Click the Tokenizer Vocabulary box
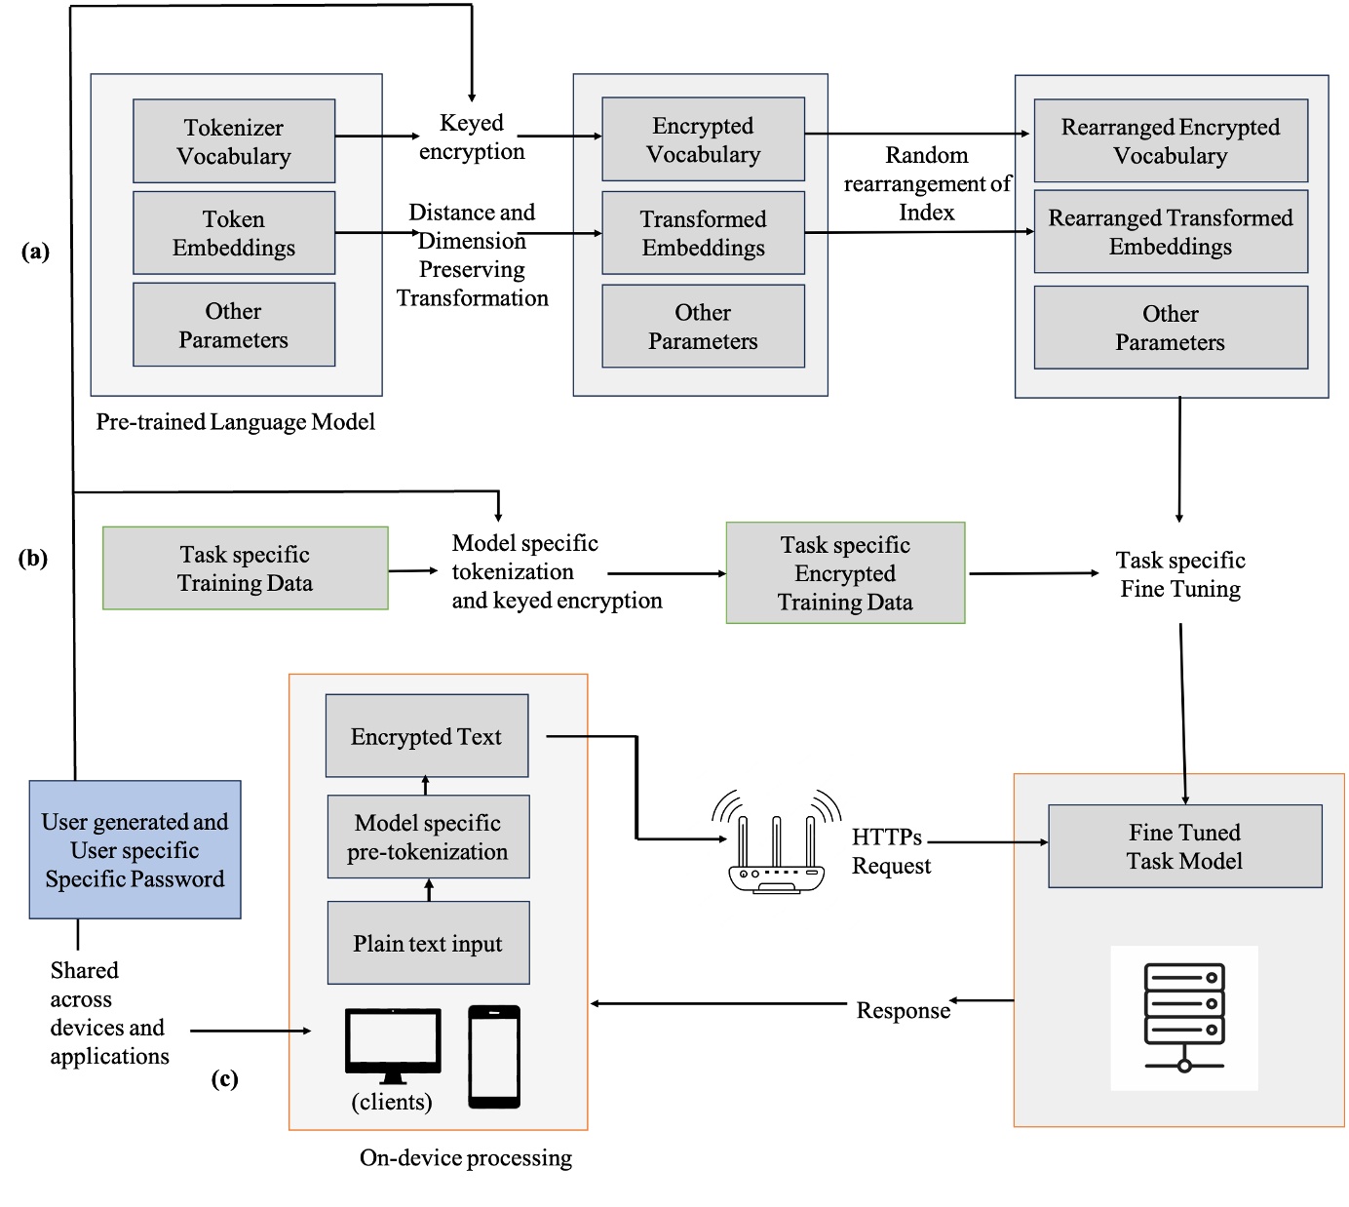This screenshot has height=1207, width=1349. click(234, 141)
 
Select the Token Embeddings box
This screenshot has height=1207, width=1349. click(234, 233)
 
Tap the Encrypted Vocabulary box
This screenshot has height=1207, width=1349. click(703, 139)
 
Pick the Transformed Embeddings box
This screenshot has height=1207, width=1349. click(703, 233)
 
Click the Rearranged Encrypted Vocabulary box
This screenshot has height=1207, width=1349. click(1170, 140)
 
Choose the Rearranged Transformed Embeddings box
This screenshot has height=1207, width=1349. click(1170, 232)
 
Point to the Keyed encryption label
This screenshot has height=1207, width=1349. click(472, 137)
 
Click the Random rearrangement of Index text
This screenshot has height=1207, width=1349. click(926, 183)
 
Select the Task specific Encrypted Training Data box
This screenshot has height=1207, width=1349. click(845, 573)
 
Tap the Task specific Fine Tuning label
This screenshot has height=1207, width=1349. click(1179, 574)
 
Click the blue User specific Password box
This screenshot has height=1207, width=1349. click(135, 849)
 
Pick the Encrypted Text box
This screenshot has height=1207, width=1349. click(427, 736)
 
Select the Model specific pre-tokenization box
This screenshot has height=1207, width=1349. click(428, 837)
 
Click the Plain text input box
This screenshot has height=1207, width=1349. click(428, 943)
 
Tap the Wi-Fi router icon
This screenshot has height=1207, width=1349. click(776, 844)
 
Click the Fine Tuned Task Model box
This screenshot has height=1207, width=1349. click(1184, 846)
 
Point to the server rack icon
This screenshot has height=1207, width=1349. click(1184, 1017)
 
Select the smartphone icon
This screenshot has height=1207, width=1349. click(494, 1057)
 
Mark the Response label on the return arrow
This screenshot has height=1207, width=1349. click(903, 1011)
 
